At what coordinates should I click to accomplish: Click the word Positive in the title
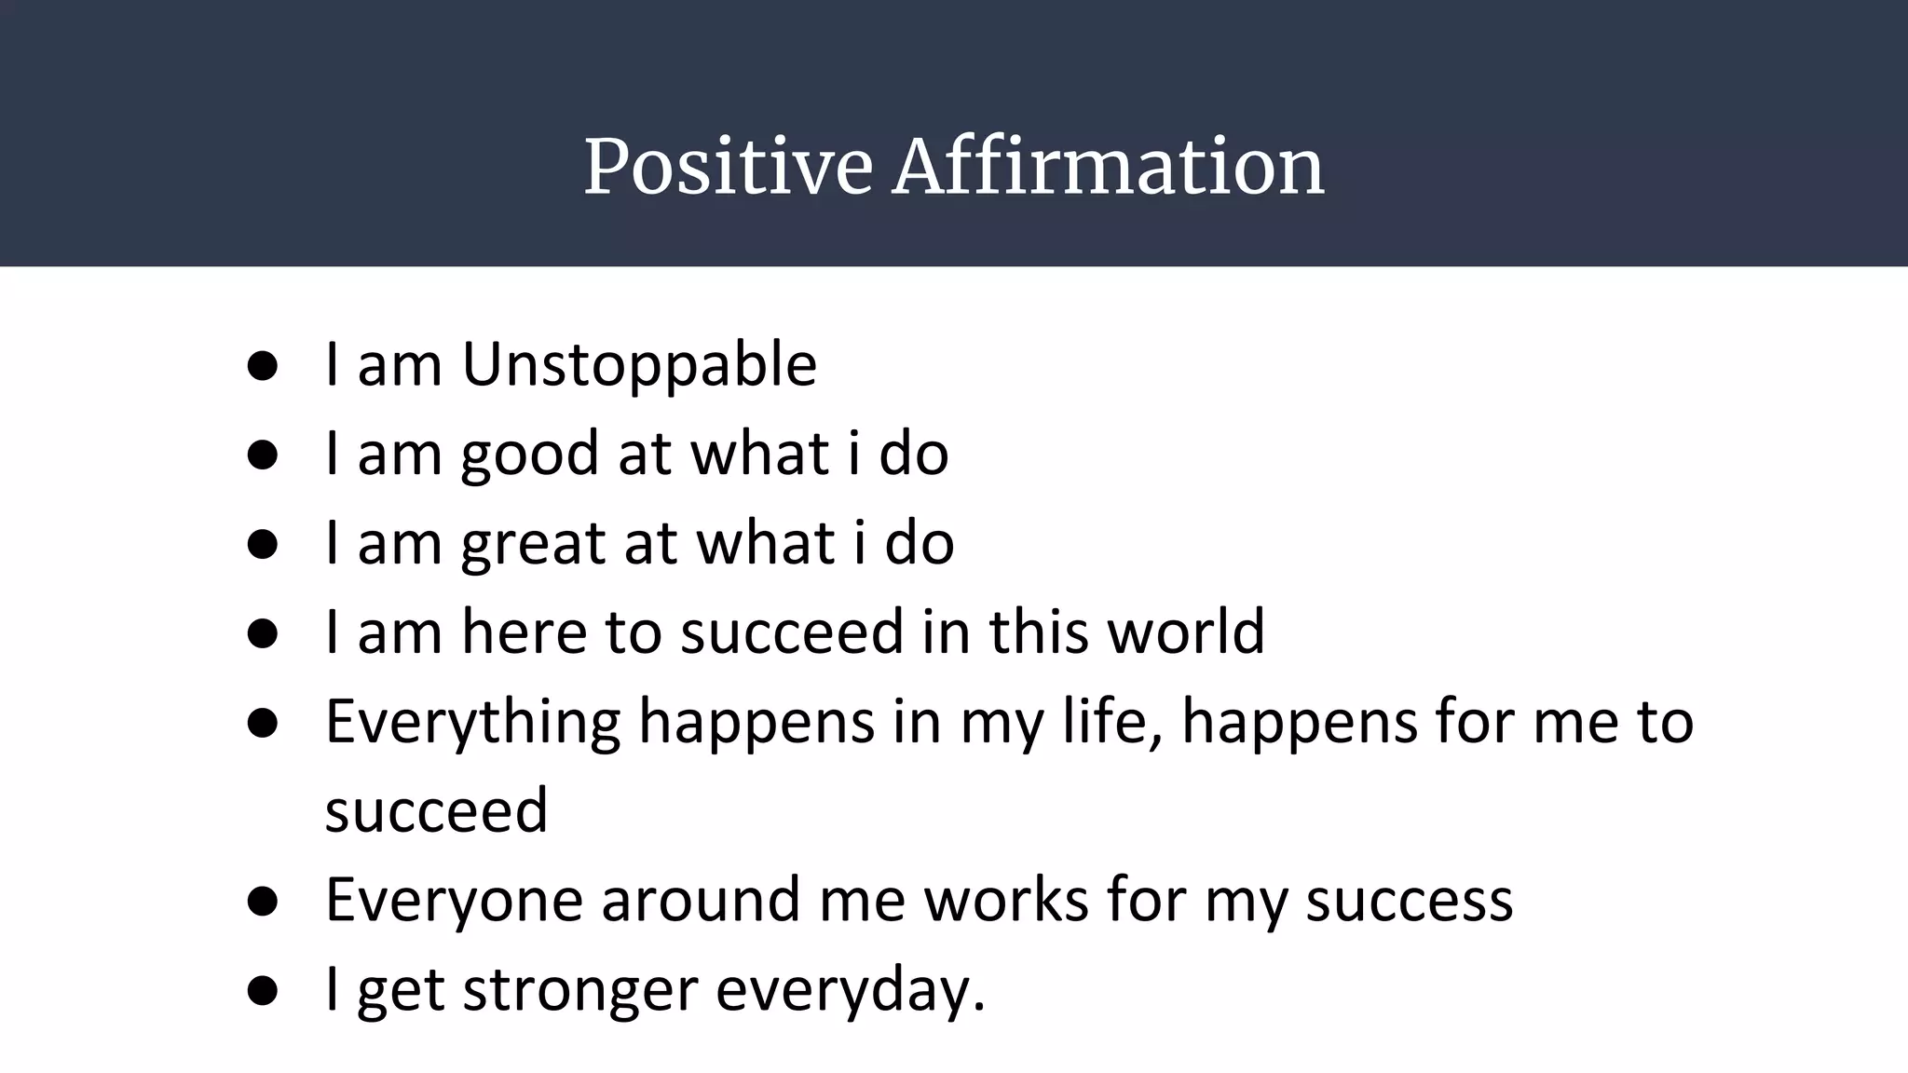click(x=728, y=168)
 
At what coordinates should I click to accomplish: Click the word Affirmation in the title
click(x=1108, y=168)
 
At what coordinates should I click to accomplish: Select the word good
click(x=529, y=454)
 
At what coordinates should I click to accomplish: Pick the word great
click(x=533, y=543)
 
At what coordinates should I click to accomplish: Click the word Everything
click(x=472, y=723)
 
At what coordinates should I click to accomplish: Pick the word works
click(x=1006, y=900)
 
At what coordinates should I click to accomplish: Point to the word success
click(x=1409, y=900)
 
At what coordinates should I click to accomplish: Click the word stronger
click(x=579, y=990)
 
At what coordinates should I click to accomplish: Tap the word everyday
click(x=849, y=990)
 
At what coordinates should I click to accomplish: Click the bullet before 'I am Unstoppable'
click(x=263, y=366)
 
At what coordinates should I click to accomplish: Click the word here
click(x=525, y=632)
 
